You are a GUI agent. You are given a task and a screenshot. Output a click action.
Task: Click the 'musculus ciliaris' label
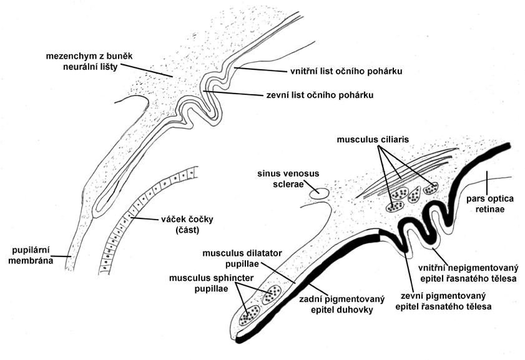373,140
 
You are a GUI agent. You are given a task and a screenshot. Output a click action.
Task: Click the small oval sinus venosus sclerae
319,193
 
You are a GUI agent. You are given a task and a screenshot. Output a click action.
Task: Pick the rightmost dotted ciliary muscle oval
431,188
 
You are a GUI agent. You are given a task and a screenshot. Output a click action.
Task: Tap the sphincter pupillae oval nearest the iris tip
252,313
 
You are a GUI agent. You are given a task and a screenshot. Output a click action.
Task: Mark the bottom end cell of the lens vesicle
105,270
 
